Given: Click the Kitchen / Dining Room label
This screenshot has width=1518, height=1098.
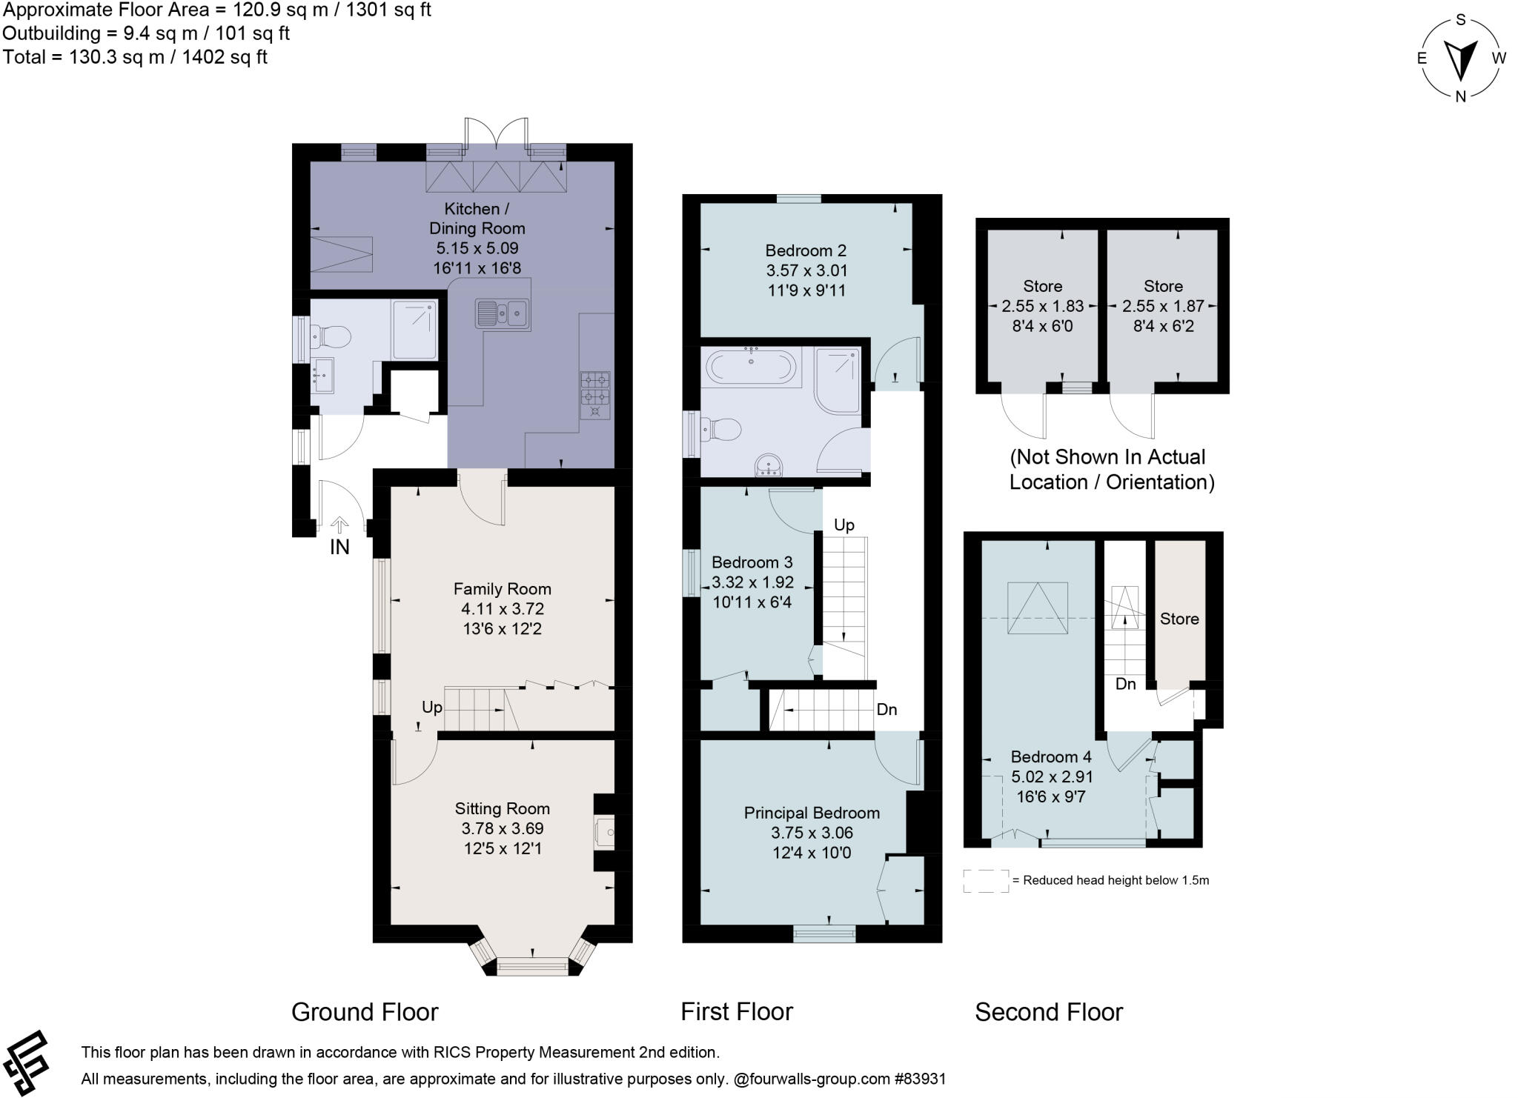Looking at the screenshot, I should pyautogui.click(x=477, y=219).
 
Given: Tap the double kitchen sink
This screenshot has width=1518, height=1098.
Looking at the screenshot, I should pyautogui.click(x=502, y=313).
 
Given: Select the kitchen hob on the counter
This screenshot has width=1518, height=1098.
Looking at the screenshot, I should pyautogui.click(x=595, y=395).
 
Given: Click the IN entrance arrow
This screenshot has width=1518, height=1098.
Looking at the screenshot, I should pyautogui.click(x=339, y=526).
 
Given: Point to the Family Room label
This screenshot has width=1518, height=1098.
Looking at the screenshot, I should pyautogui.click(x=502, y=589).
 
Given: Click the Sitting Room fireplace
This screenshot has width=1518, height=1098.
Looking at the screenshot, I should pyautogui.click(x=605, y=833).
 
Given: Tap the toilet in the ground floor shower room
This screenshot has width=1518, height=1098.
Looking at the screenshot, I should pyautogui.click(x=331, y=337).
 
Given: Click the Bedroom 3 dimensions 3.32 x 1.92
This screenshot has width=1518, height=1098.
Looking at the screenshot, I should pyautogui.click(x=752, y=582).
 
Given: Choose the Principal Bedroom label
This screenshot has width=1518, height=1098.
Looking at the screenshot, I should pyautogui.click(x=812, y=813).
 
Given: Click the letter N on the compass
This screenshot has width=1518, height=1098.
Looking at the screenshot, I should pyautogui.click(x=1460, y=96).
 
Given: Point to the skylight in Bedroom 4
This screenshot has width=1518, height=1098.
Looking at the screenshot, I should pyautogui.click(x=1037, y=608).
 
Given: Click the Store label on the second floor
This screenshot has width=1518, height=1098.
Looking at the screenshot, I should pyautogui.click(x=1179, y=619).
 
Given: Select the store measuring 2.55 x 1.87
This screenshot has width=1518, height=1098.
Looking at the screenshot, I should pyautogui.click(x=1163, y=306).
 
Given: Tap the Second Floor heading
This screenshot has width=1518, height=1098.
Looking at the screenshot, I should pyautogui.click(x=1048, y=1011).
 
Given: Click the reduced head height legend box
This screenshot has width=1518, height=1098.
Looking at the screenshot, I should pyautogui.click(x=986, y=881).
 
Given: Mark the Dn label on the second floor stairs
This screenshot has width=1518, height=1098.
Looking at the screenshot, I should pyautogui.click(x=1125, y=684).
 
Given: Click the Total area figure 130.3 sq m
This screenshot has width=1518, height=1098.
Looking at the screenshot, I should pyautogui.click(x=134, y=57).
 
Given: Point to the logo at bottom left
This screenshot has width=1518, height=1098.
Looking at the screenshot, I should pyautogui.click(x=27, y=1062).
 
